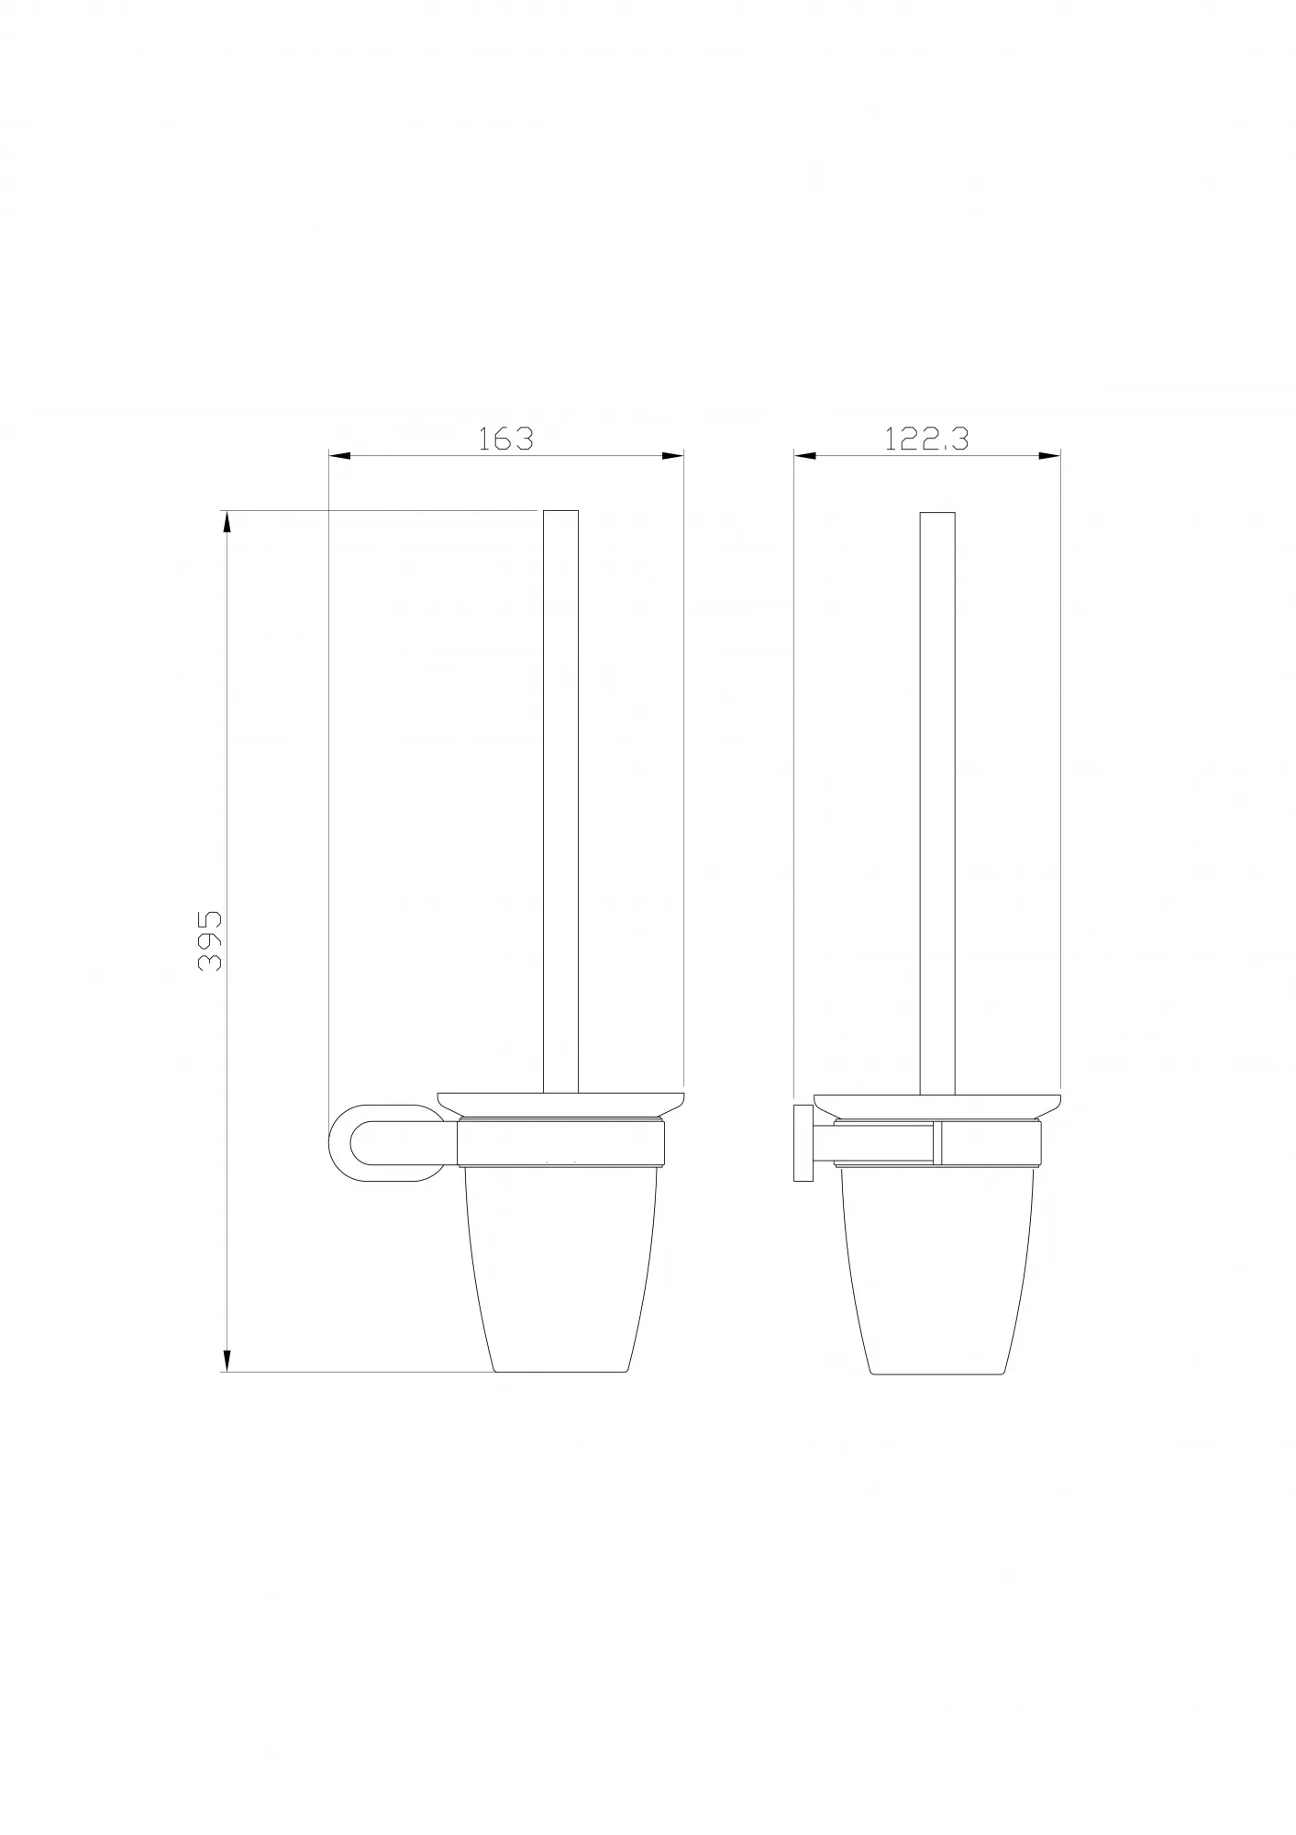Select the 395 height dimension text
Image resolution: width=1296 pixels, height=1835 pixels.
(x=210, y=941)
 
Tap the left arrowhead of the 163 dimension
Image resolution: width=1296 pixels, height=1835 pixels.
(x=340, y=455)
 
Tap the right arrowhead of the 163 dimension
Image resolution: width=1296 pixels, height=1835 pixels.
(x=673, y=455)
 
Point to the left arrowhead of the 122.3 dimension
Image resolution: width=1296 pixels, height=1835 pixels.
(x=805, y=455)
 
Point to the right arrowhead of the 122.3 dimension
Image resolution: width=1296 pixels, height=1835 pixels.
(x=1049, y=455)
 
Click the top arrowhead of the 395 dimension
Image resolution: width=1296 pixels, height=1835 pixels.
(x=227, y=522)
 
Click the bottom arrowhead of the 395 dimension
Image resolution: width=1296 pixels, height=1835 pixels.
(x=227, y=1385)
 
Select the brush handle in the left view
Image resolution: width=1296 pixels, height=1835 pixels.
(x=561, y=801)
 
